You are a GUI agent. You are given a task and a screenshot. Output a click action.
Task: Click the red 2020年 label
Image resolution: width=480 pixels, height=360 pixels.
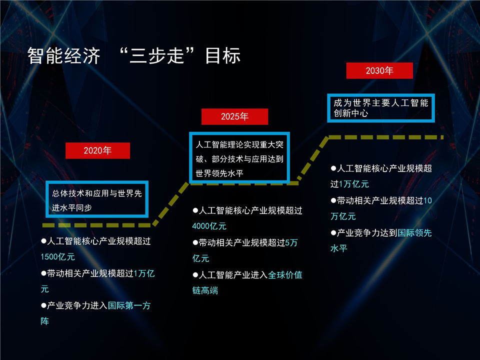click(x=97, y=150)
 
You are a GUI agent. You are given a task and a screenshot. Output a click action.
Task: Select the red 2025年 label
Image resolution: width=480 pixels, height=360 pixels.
click(x=235, y=116)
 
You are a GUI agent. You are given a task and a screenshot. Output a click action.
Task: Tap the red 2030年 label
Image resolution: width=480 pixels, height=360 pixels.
click(x=379, y=70)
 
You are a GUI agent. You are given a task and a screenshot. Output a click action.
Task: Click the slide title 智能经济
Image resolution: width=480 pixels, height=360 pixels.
click(x=63, y=55)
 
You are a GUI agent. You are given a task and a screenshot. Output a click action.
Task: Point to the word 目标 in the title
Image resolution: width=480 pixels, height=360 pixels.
click(x=223, y=55)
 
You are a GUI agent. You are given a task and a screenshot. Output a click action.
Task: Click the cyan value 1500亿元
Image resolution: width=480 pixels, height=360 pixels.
click(x=58, y=257)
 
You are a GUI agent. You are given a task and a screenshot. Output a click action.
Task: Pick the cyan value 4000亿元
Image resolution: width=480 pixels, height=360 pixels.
click(x=209, y=226)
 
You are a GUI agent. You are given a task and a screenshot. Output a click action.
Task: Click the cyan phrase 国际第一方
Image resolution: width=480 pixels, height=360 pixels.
click(x=129, y=305)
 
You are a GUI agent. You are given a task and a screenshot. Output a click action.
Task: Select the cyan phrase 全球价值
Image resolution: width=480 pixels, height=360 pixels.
click(x=285, y=275)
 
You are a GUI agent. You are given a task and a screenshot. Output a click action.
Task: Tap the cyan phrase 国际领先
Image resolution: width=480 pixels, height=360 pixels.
click(x=414, y=233)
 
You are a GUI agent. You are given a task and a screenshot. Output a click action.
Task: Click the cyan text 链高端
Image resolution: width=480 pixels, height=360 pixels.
click(x=205, y=290)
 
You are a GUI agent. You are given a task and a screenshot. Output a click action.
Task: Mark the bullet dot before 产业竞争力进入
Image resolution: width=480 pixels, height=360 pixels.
click(x=43, y=305)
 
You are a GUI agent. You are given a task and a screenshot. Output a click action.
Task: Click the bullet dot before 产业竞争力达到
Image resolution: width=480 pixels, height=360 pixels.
click(x=333, y=233)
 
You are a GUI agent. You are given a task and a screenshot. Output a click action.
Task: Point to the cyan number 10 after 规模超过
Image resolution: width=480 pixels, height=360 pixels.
click(x=427, y=201)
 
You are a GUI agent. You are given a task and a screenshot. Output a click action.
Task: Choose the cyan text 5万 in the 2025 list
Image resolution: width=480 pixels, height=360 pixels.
click(x=291, y=243)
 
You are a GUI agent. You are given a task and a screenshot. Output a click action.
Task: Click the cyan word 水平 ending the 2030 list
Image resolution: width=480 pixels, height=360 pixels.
click(x=339, y=248)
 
